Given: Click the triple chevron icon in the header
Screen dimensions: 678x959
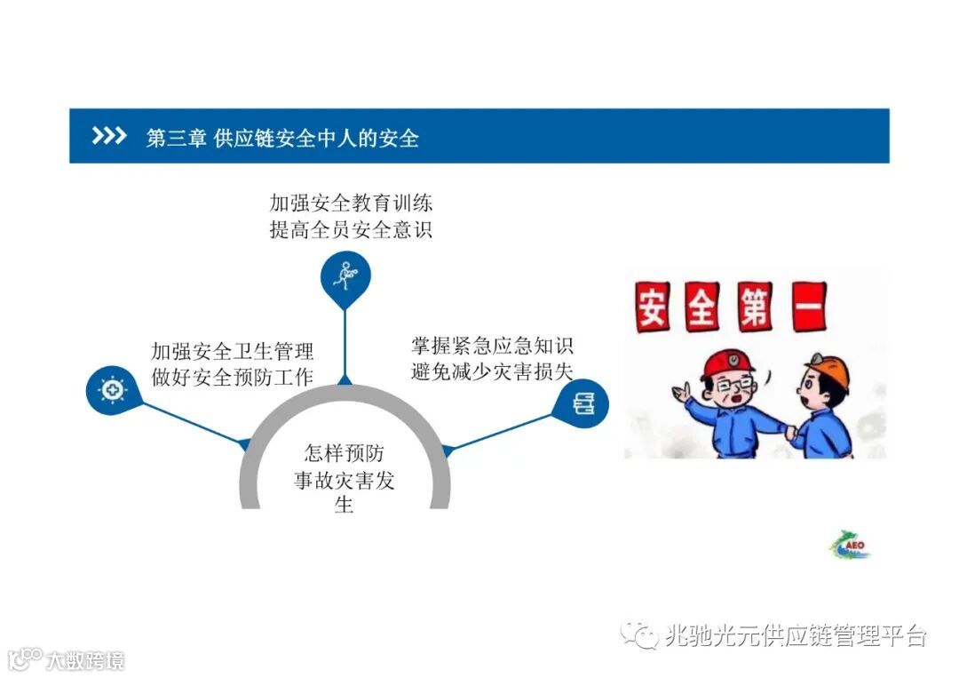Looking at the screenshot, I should [x=109, y=136].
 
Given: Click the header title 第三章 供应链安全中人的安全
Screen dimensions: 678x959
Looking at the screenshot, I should [x=282, y=138].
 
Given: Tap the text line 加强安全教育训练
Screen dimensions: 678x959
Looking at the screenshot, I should [x=352, y=203].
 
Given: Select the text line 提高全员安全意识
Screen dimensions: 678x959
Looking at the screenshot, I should [x=352, y=230].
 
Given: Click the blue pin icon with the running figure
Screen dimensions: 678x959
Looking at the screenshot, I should [x=345, y=275].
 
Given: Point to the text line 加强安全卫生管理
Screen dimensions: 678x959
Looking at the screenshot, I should [x=233, y=351].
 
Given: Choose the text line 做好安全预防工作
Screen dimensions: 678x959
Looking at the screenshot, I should [x=233, y=377].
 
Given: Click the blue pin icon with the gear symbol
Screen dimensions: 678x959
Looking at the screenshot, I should [x=113, y=389].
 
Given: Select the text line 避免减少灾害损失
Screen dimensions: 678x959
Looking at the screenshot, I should [x=492, y=371].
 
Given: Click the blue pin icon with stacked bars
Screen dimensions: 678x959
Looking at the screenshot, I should [x=583, y=405].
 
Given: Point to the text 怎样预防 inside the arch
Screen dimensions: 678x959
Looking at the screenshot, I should [x=345, y=453].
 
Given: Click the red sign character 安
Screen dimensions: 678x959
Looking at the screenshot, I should [x=653, y=307].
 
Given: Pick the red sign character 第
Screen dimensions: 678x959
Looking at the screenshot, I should [x=753, y=307].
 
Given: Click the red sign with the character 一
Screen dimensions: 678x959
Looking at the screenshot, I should [x=803, y=307].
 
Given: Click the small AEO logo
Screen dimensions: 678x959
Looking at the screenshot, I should [x=851, y=545].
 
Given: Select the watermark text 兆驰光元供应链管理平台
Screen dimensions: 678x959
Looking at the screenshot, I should [x=796, y=635].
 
